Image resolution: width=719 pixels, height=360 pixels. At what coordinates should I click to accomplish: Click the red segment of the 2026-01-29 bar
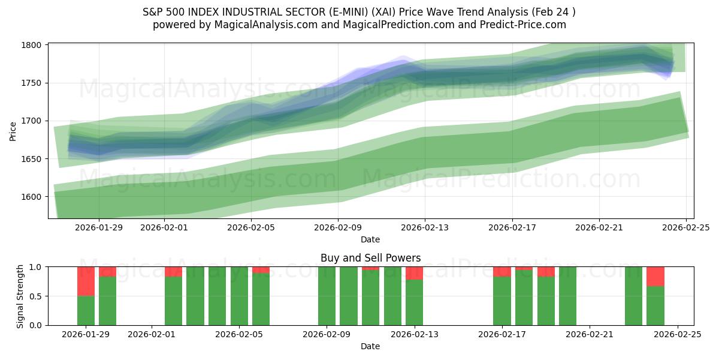coord(86,281)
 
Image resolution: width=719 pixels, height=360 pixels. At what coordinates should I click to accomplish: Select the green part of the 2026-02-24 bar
coord(655,305)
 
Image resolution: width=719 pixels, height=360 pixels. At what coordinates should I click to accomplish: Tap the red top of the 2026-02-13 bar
coord(414,273)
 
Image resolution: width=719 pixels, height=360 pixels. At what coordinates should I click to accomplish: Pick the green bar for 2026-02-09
coord(327,296)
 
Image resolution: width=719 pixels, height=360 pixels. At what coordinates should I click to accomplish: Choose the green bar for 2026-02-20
coord(567,296)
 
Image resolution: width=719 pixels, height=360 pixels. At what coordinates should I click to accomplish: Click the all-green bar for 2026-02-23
coord(633,296)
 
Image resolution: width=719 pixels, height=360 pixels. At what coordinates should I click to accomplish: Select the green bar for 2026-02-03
coord(195,296)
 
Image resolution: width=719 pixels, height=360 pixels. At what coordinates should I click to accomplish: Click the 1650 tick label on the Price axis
coord(32,159)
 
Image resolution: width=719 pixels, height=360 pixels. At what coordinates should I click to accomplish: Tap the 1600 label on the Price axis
coord(32,197)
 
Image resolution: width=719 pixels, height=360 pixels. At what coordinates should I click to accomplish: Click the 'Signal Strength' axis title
coord(20,296)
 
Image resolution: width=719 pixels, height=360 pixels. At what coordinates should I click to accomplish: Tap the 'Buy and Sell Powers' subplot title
coord(370,258)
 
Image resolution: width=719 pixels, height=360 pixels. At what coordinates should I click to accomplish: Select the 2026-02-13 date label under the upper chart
coord(425,228)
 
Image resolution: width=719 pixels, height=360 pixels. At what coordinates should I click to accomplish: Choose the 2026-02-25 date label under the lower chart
coord(677,335)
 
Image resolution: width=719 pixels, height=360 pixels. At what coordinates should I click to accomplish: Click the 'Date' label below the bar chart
coord(370,346)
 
